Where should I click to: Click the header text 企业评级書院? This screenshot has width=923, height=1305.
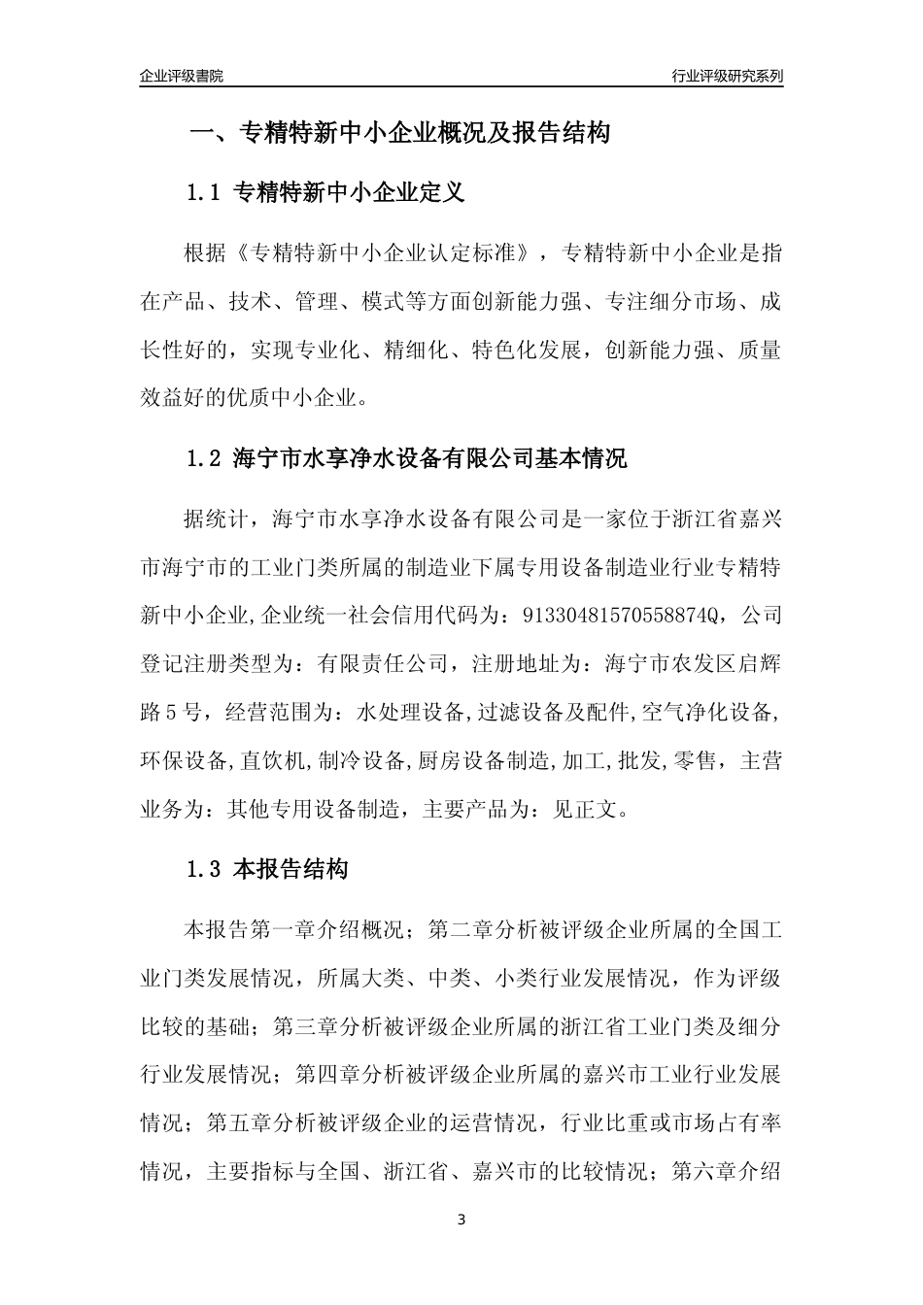pyautogui.click(x=182, y=76)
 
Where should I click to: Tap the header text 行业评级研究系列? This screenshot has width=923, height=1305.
pyautogui.click(x=727, y=76)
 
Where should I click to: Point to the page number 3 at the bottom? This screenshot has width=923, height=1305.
pyautogui.click(x=461, y=1220)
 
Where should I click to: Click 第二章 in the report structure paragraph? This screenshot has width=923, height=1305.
pyautogui.click(x=461, y=930)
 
